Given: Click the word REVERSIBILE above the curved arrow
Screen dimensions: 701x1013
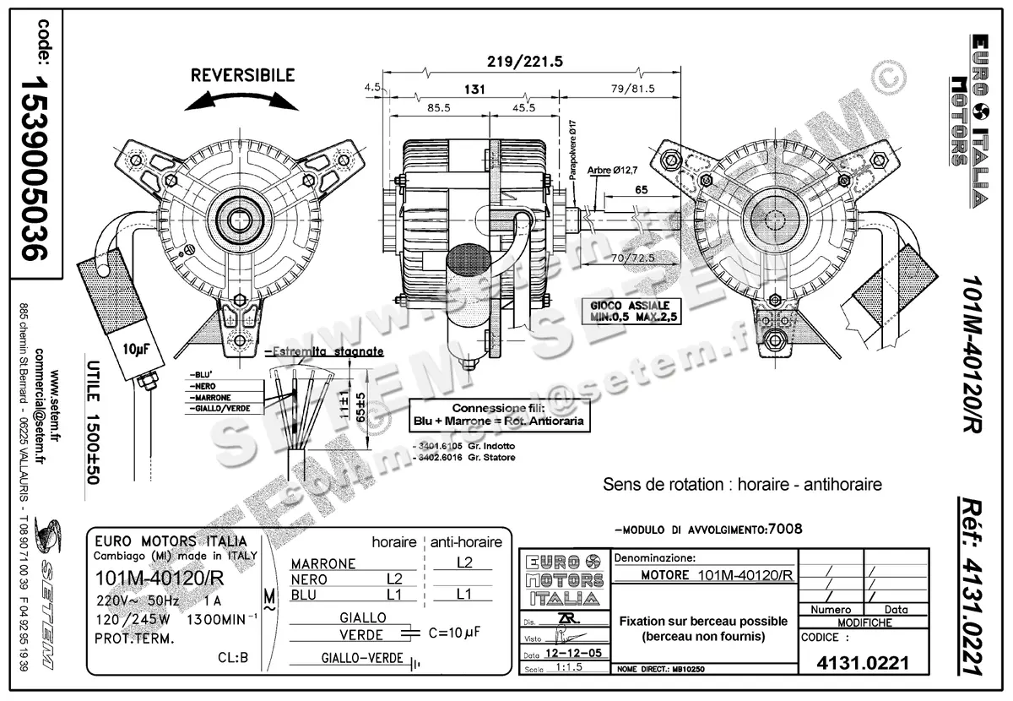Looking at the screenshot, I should (x=242, y=75).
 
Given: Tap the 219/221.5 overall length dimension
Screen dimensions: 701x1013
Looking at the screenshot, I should (x=525, y=61).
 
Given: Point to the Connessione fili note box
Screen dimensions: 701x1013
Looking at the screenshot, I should (x=499, y=414).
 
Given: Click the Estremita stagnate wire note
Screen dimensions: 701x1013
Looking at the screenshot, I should (x=324, y=351).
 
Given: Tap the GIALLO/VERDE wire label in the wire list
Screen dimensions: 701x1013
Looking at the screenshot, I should (x=221, y=409).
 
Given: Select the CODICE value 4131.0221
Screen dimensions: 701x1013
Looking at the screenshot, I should (x=863, y=663).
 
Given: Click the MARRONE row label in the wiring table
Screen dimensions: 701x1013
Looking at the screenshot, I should (x=323, y=563).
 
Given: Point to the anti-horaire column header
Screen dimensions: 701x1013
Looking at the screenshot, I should (x=467, y=542).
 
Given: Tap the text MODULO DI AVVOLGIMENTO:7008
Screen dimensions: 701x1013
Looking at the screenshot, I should (x=708, y=530).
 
